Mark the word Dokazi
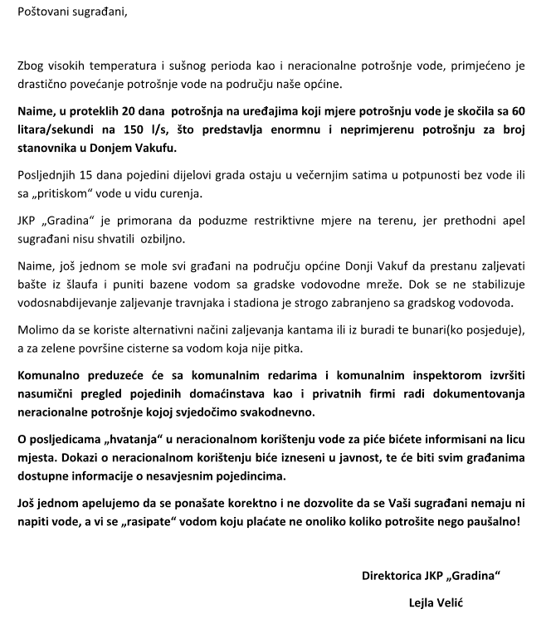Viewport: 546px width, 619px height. point(75,458)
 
